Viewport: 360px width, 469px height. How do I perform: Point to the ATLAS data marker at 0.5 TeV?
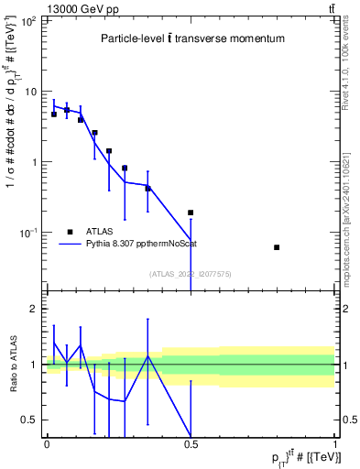(191, 213)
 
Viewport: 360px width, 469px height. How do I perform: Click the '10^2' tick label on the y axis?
(27, 20)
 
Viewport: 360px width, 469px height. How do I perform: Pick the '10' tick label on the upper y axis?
(31, 92)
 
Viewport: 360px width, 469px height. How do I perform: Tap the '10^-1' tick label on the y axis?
(27, 234)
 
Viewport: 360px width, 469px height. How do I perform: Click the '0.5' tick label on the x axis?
(191, 444)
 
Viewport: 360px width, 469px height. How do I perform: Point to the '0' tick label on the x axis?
(47, 444)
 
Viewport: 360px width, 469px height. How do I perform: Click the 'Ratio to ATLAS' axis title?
(13, 365)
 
